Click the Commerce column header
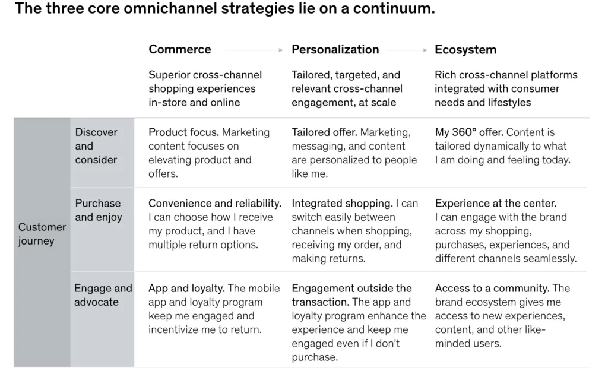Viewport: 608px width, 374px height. [x=179, y=50]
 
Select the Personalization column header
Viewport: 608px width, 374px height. [x=335, y=50]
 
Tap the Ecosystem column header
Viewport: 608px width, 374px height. [x=465, y=50]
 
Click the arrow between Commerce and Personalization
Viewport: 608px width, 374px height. [x=252, y=50]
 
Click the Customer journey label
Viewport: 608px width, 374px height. [x=42, y=234]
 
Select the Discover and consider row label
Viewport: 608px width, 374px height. [x=96, y=146]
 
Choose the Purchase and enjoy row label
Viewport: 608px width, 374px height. [x=98, y=210]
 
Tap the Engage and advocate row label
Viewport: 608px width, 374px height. [x=103, y=295]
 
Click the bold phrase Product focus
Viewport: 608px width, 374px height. [x=183, y=132]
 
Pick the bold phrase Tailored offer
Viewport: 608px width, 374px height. [x=324, y=132]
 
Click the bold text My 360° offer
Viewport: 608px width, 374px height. [x=469, y=132]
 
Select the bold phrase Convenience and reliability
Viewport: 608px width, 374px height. [x=215, y=204]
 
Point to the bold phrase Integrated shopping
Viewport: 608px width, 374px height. [x=342, y=204]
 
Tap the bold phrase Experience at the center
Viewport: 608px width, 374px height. [x=496, y=204]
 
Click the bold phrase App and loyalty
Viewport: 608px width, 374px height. [x=186, y=289]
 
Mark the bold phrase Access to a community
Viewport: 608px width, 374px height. [x=492, y=289]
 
